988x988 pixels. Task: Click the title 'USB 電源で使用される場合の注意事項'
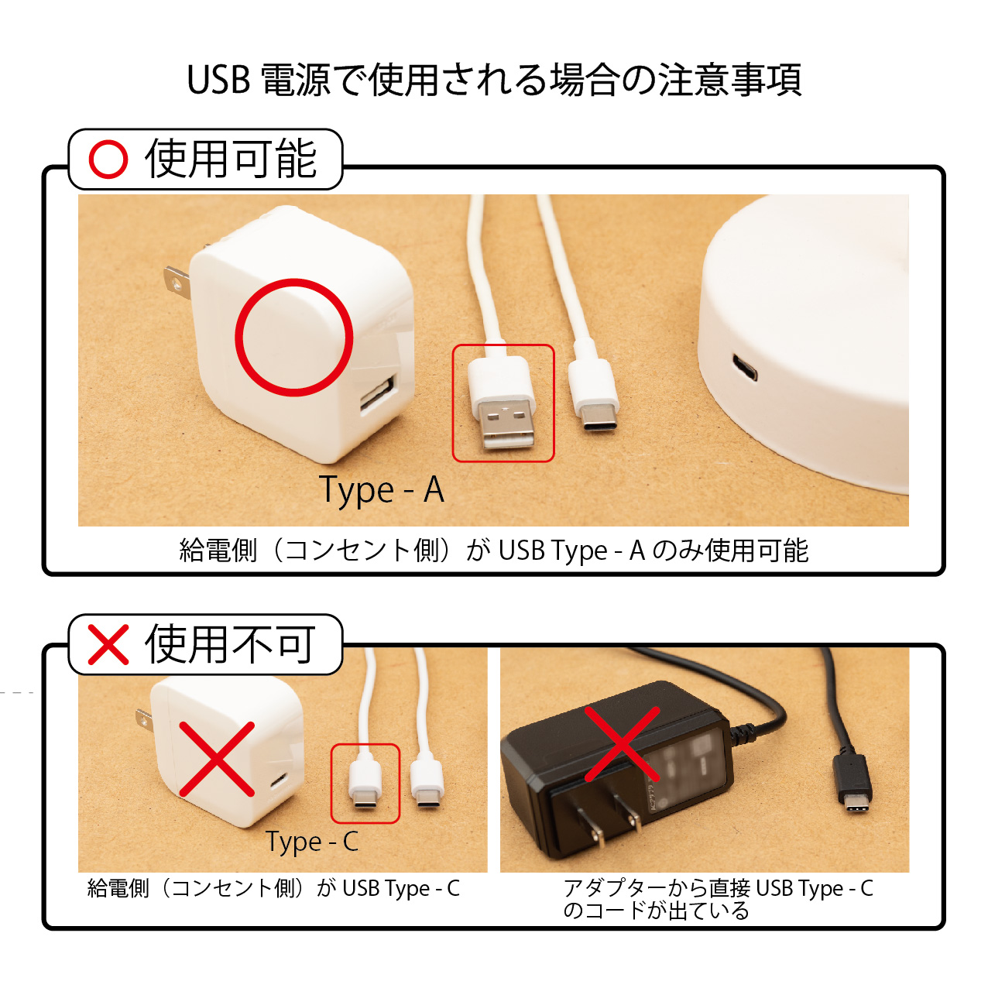pos(494,81)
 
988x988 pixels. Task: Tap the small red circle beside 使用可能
pos(108,159)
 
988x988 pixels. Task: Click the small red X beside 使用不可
pos(108,644)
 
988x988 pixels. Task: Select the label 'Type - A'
pos(381,490)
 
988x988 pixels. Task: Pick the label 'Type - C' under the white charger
pos(312,842)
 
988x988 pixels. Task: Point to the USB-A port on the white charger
pos(379,393)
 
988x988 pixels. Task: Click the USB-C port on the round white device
pos(744,367)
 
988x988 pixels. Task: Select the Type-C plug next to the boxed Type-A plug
pos(594,394)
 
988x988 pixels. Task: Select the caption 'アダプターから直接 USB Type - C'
pos(718,888)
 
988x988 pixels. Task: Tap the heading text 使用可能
pos(231,159)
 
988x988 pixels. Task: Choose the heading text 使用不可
pos(230,644)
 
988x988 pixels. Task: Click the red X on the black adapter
pos(622,744)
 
